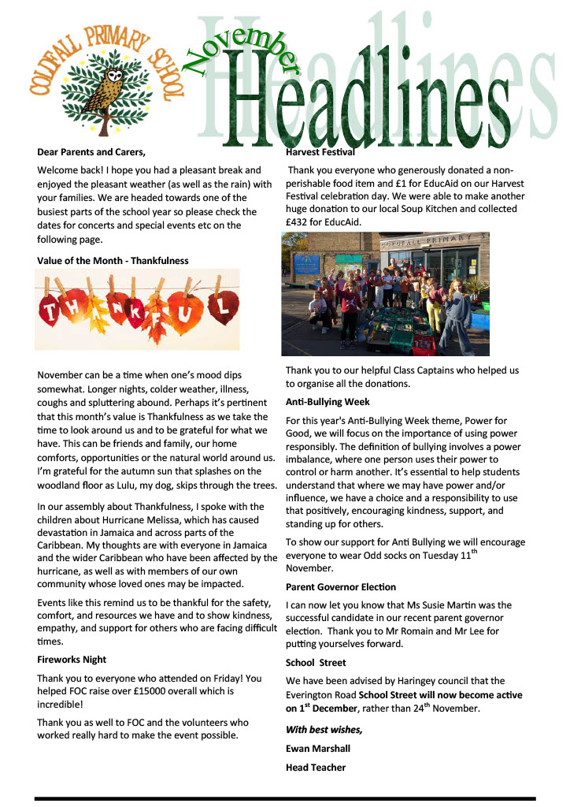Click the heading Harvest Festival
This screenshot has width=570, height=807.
click(320, 151)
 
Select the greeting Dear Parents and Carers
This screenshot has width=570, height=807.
click(91, 151)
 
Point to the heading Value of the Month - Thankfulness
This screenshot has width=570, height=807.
click(113, 260)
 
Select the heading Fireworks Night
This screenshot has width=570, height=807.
click(72, 659)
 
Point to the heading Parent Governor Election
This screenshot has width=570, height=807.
click(341, 587)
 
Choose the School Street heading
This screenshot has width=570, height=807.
click(316, 663)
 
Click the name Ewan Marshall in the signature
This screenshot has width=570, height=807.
click(318, 748)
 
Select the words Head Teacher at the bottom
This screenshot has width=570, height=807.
click(316, 767)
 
